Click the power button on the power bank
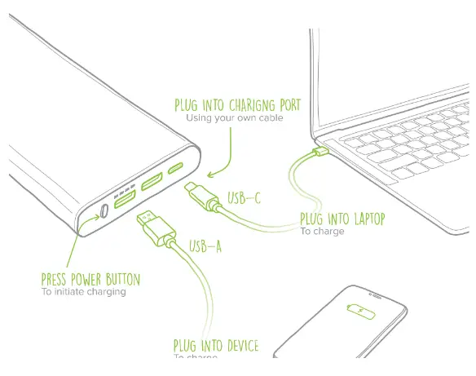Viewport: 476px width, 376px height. click(105, 214)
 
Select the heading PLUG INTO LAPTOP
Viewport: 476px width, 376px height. click(343, 218)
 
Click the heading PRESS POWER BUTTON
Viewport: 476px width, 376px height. click(90, 280)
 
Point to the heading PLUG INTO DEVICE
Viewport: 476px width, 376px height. click(215, 346)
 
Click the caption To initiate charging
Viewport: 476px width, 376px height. click(84, 292)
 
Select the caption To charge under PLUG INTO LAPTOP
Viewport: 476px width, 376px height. click(322, 232)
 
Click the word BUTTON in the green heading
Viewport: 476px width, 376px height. click(121, 280)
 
